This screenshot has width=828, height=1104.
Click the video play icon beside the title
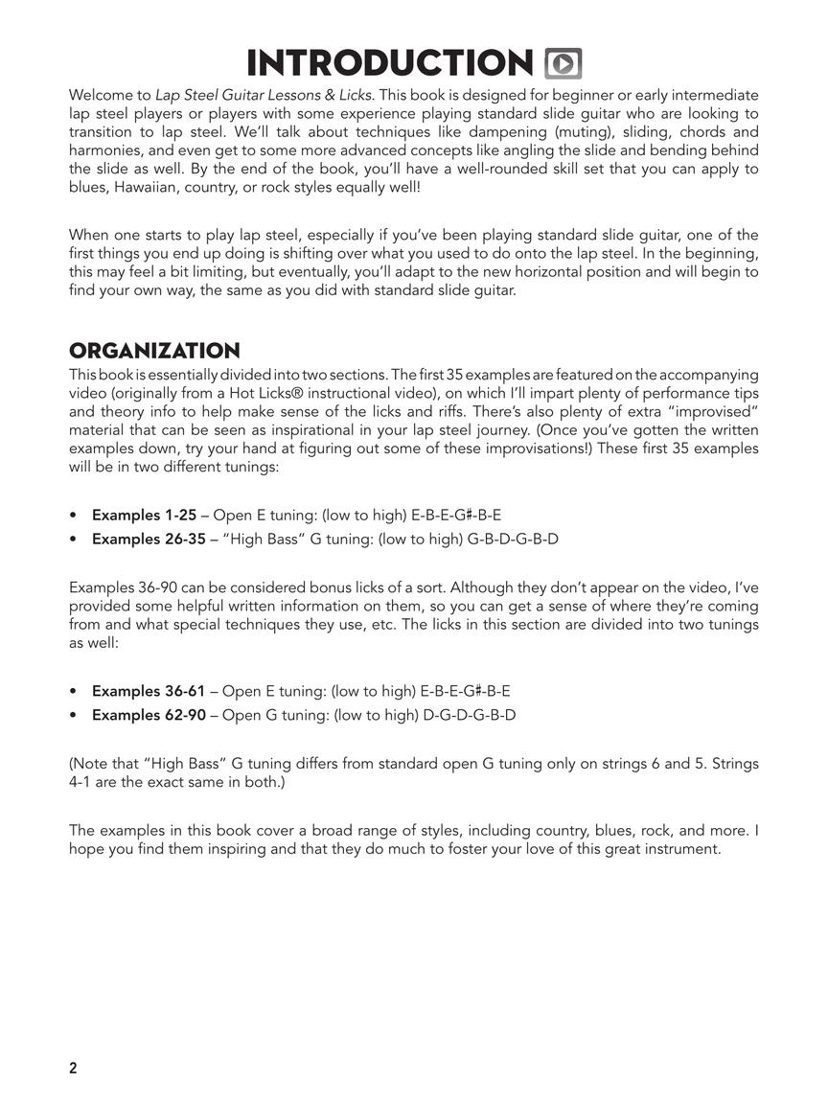pos(563,63)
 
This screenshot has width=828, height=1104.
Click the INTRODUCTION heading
pos(389,63)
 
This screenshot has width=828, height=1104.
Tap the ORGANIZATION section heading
pos(154,351)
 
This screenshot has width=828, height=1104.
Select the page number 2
pos(73,1069)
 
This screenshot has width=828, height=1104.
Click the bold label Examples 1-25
pos(144,515)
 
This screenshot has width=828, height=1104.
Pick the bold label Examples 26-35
pos(149,539)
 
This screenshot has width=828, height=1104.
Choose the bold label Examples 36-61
pos(149,691)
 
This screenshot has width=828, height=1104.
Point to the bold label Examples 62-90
pos(149,715)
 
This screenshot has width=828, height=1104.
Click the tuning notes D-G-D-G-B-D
pos(470,715)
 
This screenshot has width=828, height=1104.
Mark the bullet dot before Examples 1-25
pos(74,515)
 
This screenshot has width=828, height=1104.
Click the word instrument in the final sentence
pos(681,849)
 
